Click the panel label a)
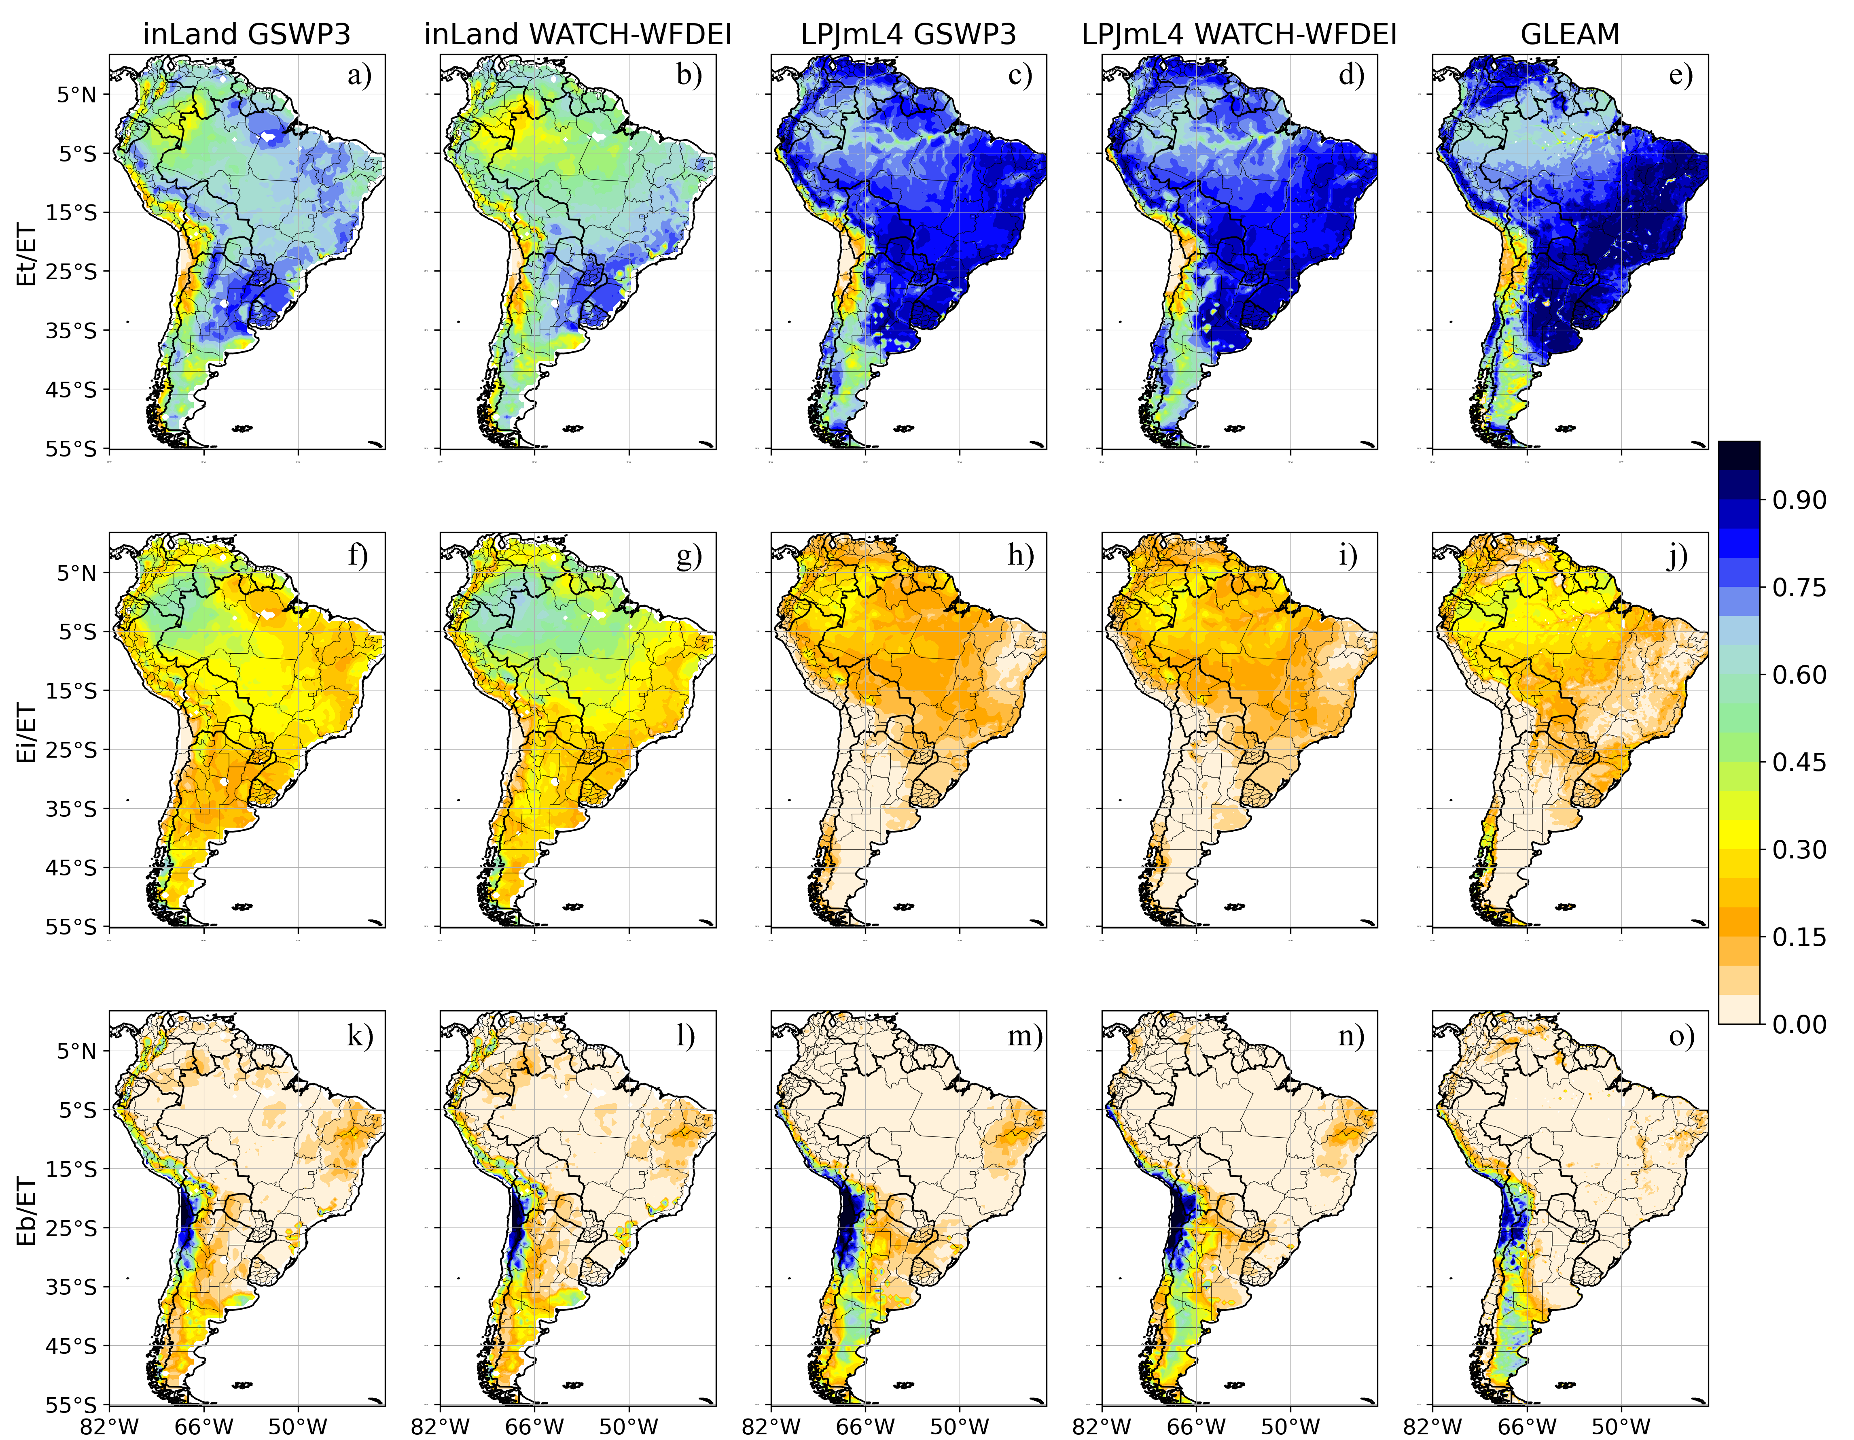tap(359, 76)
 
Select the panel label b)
tap(689, 76)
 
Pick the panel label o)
tap(1681, 1036)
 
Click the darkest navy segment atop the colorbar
tap(1739, 456)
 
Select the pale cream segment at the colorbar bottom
tap(1739, 1009)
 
